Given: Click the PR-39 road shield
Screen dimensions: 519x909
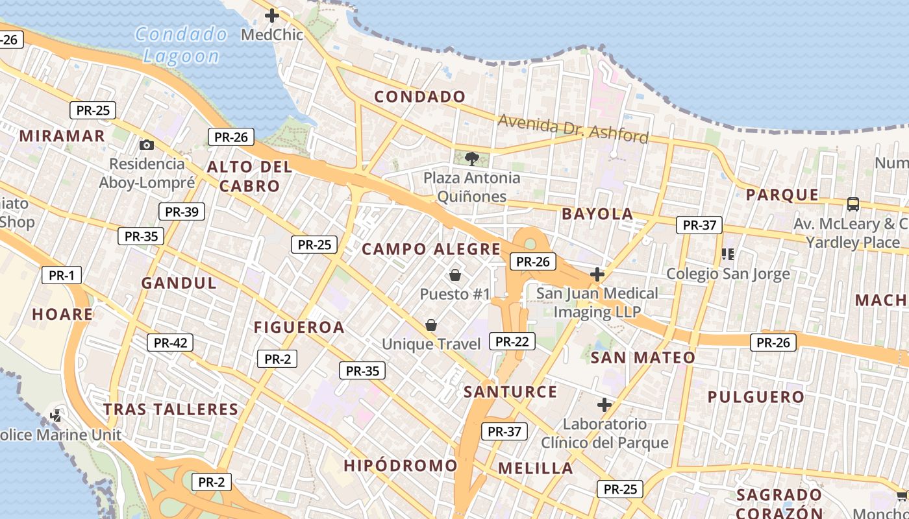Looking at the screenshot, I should [182, 211].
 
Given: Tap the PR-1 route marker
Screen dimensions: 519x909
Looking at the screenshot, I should [62, 275].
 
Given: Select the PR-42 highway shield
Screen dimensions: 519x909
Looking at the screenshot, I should [170, 343].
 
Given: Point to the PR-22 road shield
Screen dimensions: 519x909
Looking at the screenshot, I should [512, 341].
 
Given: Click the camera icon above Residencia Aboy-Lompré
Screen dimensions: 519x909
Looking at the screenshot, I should [147, 145].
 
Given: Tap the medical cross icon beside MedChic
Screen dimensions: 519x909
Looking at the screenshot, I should [272, 16].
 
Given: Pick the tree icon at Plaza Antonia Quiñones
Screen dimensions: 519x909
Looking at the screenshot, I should [472, 158].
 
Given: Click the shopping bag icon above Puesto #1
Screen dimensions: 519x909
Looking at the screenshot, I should [454, 275].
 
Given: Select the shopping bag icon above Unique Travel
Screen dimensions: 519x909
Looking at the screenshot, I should [430, 325].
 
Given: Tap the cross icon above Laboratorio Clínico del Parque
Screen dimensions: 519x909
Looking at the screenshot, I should [604, 405].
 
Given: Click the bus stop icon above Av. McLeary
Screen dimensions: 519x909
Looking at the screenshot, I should [853, 204].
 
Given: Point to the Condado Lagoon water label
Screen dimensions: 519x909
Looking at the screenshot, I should [181, 45].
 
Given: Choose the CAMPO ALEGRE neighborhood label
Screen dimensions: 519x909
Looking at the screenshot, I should [431, 249].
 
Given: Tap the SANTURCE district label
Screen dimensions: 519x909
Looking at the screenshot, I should [510, 392].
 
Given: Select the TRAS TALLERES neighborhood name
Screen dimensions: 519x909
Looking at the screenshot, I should [171, 409].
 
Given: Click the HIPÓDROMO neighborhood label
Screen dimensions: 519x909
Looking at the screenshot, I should [401, 465].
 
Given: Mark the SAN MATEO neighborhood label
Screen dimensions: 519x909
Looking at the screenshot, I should [643, 357].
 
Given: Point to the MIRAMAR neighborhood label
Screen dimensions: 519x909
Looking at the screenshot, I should [62, 136].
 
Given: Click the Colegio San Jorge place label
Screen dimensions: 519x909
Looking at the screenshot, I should [728, 273].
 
